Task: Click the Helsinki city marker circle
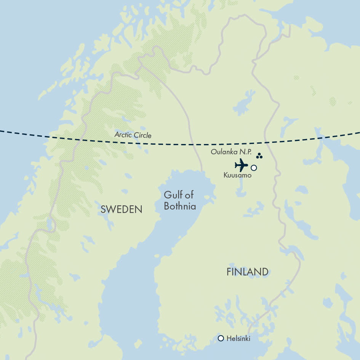tap(221, 338)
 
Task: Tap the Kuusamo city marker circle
tap(254, 168)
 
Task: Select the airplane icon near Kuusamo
tap(241, 165)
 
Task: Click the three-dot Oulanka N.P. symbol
tap(259, 156)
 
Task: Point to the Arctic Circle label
tap(133, 135)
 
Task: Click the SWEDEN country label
tap(121, 209)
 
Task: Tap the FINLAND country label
tap(247, 272)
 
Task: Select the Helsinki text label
tap(238, 338)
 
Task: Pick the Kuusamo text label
tap(237, 176)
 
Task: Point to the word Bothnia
tap(180, 206)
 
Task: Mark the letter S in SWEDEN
tap(103, 209)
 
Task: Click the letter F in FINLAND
tap(229, 272)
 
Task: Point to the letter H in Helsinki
tap(228, 338)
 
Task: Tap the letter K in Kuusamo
tap(226, 176)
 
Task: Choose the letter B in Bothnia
tap(166, 206)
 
